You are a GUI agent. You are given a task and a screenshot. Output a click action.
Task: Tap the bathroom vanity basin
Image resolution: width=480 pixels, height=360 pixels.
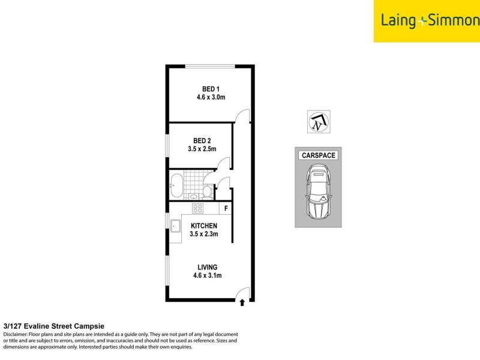point(194,196)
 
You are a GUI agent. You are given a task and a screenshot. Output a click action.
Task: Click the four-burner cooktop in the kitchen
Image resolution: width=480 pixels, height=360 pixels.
point(197,208)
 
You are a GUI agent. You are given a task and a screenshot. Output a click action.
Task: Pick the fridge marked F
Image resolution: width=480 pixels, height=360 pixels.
point(226,208)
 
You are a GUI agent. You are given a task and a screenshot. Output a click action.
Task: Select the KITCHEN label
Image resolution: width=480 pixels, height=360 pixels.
point(204,226)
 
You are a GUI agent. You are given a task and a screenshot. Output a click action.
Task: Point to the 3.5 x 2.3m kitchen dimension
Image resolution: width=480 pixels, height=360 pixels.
point(204,234)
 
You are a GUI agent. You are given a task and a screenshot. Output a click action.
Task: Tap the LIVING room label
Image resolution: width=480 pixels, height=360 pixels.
point(208,268)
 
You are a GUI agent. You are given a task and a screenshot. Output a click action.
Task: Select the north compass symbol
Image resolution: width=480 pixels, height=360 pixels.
point(316,122)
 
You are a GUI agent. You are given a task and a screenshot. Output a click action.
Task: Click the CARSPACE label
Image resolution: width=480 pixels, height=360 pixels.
point(317,155)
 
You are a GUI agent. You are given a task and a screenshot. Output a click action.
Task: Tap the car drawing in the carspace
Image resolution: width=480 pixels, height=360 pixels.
point(317,191)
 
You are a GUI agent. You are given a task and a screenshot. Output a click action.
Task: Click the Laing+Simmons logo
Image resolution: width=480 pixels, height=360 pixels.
point(427,21)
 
